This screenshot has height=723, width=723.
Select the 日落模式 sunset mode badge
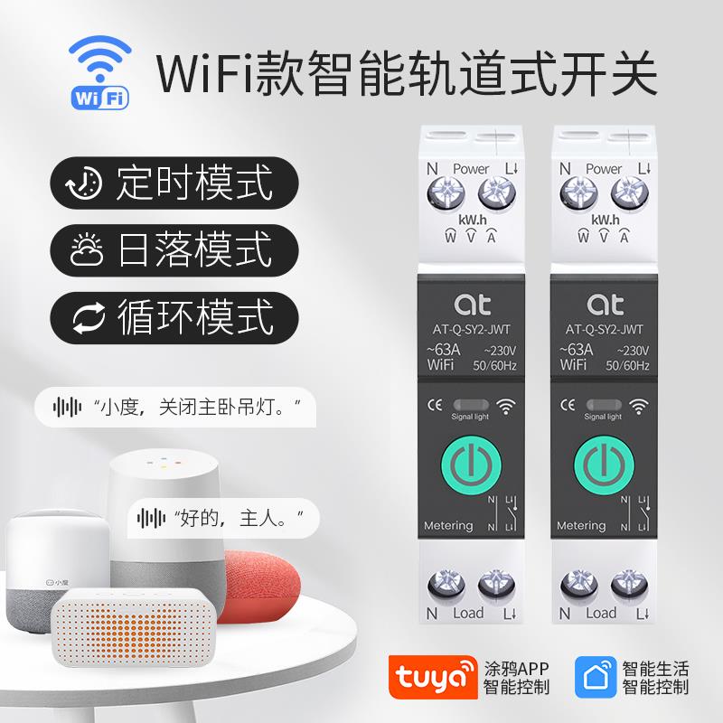coord(174,249)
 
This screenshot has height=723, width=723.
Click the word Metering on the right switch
coord(581,525)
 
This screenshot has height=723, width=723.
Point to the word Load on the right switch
coord(601,613)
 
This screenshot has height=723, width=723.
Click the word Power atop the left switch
coord(471,168)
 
